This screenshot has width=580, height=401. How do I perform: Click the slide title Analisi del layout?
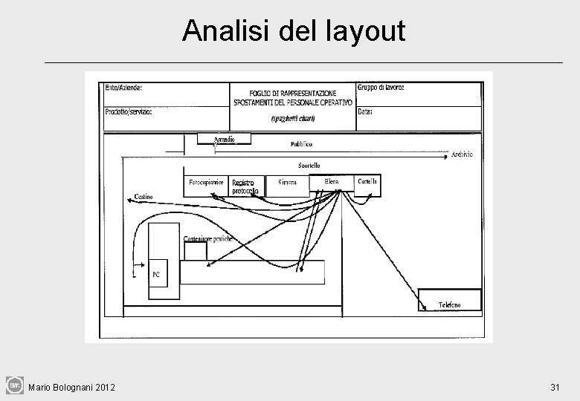[x=294, y=30]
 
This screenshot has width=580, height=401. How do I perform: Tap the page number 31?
[x=555, y=387]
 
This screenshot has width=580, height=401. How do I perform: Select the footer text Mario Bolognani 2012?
[x=71, y=387]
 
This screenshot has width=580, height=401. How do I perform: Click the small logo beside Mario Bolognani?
[x=15, y=385]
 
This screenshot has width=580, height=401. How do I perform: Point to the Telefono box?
[x=450, y=300]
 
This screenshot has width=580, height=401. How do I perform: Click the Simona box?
[x=288, y=185]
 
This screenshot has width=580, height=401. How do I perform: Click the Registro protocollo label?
[x=245, y=187]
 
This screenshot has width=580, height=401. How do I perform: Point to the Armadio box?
[x=224, y=139]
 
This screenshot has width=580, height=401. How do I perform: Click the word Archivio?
[x=461, y=154]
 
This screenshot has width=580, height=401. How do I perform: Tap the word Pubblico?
[x=301, y=143]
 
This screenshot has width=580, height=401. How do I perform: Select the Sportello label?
[x=309, y=165]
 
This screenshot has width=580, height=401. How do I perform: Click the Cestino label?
[x=144, y=196]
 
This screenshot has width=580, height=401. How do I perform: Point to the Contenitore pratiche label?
[x=208, y=238]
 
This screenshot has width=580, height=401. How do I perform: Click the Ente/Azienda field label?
[x=123, y=88]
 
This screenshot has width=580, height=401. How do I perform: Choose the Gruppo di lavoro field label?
[x=381, y=88]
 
